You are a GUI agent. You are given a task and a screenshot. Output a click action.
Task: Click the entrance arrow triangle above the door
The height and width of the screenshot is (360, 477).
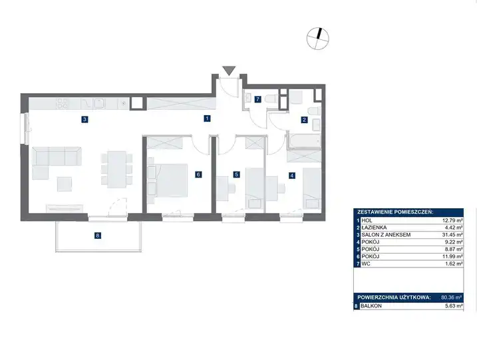pos(229,71)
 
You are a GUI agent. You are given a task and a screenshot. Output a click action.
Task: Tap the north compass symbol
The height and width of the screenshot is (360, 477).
pos(317,39)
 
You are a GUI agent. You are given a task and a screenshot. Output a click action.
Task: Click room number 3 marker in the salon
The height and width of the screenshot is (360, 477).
pos(84,119)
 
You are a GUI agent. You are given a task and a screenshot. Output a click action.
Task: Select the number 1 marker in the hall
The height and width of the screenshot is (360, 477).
pos(207,118)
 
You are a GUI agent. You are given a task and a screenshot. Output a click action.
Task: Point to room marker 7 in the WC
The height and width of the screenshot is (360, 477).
pos(257,99)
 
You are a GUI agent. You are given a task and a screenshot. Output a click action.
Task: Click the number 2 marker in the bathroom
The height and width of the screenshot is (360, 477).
pos(304,120)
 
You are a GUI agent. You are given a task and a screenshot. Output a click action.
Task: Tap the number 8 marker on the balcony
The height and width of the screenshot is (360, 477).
pos(97,236)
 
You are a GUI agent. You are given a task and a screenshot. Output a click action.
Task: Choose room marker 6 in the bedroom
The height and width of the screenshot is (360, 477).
pos(198,174)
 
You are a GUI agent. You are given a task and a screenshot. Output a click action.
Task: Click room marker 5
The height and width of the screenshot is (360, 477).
pos(236,174)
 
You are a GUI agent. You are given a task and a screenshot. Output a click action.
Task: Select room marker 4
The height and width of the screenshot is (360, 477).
pos(292,175)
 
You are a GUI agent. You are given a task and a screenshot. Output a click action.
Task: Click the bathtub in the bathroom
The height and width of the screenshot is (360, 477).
pos(304,140)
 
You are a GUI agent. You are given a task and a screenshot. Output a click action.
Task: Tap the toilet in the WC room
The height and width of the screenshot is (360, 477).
pos(271,99)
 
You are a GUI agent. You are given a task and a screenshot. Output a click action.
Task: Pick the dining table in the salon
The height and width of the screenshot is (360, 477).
pos(117,169)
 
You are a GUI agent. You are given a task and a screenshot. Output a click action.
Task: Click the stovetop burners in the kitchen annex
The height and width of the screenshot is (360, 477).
pos(63,103)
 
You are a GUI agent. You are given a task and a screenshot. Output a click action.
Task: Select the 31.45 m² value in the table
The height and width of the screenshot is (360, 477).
pos(452,235)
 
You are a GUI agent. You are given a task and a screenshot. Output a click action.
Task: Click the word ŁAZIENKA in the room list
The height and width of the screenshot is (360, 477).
pos(374,228)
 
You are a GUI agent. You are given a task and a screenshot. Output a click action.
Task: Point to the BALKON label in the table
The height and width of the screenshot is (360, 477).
pos(371,306)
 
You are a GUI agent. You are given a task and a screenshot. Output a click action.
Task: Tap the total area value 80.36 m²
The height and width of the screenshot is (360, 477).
pos(452,297)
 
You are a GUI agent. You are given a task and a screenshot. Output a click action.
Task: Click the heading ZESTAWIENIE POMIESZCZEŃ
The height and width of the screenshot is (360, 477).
pos(395,212)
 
